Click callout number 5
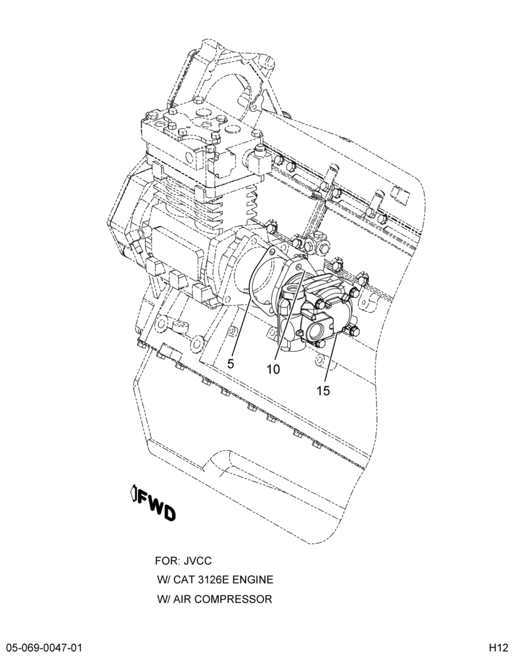231,364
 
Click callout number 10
273,369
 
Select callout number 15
323,390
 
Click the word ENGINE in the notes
252,580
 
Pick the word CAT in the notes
183,580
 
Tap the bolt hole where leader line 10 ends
298,267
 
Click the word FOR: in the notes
168,560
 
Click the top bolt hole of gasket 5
272,252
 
